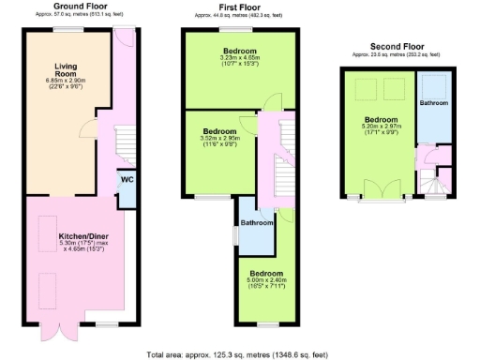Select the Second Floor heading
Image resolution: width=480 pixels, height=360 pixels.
pos(399,46)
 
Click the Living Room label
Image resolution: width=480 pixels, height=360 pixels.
pos(66,70)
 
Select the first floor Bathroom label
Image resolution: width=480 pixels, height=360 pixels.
pos(256,223)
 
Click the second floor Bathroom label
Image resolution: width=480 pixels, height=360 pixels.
pos(434,101)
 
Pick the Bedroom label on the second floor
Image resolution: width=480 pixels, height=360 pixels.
pos(381,120)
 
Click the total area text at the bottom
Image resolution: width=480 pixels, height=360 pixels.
pos(238,354)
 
